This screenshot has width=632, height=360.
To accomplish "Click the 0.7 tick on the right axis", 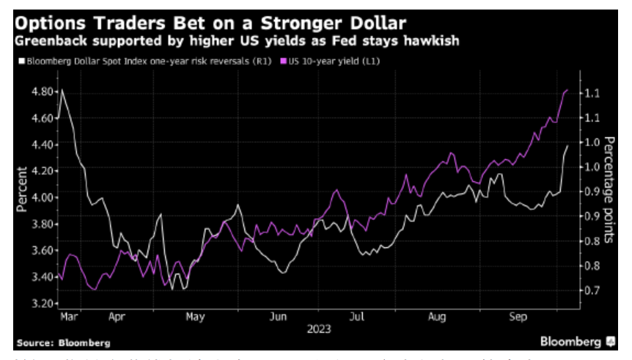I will tap(592, 290).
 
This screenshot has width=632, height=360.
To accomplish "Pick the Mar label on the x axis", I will tap(70, 318).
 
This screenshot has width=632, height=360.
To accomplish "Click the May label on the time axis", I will tap(195, 318).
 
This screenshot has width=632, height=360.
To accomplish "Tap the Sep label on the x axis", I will tap(518, 318).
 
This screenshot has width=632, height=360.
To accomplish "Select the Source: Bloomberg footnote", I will tap(64, 342).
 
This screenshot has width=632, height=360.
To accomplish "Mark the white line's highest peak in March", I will tap(61, 89).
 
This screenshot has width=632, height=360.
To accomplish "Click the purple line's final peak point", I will tap(567, 90).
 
